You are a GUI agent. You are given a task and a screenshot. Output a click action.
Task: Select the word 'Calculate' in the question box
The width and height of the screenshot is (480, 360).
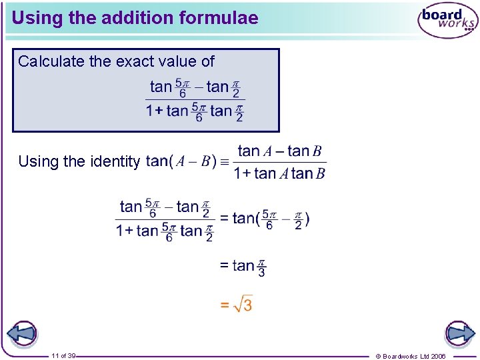pos(51,62)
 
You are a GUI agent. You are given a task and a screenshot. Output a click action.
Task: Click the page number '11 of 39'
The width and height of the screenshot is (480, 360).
pos(63,356)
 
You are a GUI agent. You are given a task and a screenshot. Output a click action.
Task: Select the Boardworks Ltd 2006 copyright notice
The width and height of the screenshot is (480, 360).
pos(410,356)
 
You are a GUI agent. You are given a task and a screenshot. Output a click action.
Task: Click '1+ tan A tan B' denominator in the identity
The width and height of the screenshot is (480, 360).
pos(279,174)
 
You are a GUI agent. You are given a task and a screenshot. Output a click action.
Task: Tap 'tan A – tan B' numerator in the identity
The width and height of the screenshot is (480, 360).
pos(279,151)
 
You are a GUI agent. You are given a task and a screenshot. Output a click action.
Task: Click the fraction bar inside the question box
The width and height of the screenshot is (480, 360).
pos(195,99)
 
